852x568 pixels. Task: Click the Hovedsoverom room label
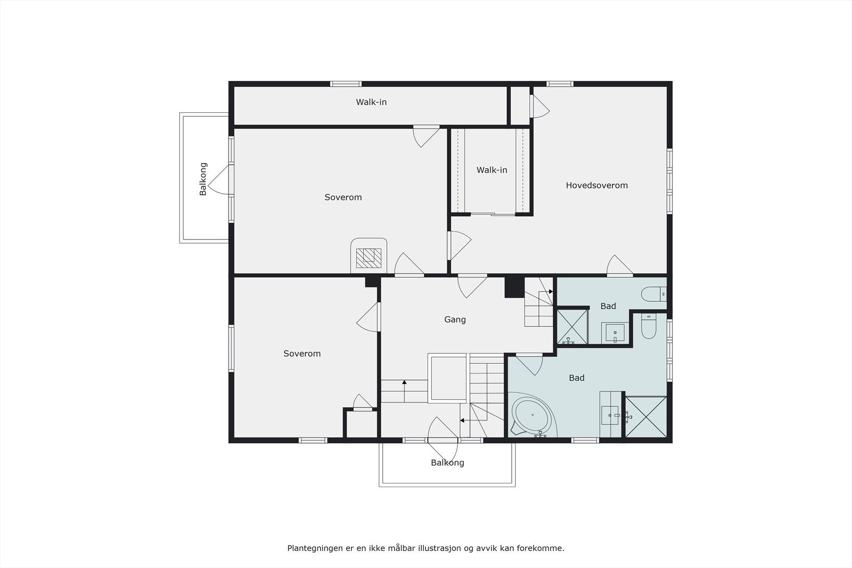[596, 185]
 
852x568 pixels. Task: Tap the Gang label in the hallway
[455, 319]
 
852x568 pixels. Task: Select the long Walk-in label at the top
[371, 102]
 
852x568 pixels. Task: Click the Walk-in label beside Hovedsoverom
[491, 170]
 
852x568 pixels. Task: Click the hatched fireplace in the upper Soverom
[368, 258]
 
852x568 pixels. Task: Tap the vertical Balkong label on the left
[203, 179]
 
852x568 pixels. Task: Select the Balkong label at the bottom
[447, 463]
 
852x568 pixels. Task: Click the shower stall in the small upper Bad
[572, 326]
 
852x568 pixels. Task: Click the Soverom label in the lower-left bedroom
[302, 353]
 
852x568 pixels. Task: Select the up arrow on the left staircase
[405, 382]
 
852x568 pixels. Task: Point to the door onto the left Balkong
[219, 180]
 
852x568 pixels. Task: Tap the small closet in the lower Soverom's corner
[362, 424]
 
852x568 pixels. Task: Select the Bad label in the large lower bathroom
[576, 378]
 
